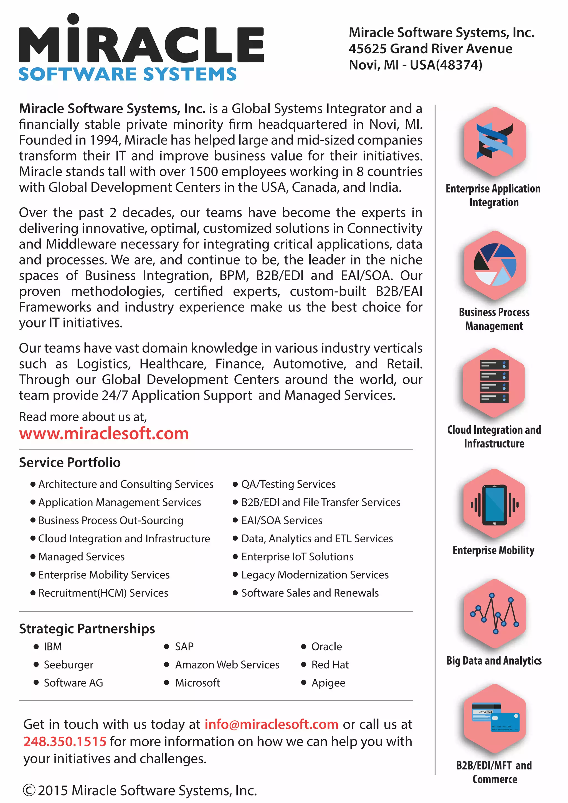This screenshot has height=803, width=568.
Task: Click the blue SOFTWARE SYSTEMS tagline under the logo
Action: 127,74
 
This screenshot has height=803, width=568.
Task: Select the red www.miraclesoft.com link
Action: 104,434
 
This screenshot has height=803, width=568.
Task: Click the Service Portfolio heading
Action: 70,462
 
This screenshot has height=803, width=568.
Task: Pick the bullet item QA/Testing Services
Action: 288,484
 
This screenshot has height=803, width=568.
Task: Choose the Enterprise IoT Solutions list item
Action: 297,556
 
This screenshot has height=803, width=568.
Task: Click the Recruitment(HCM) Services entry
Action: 103,593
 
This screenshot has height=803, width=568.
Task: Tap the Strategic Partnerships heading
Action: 87,629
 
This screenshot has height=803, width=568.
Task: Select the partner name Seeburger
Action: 69,665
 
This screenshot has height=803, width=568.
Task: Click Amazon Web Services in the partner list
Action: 227,665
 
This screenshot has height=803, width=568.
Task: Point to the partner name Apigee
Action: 328,683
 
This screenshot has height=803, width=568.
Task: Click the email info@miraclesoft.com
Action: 272,724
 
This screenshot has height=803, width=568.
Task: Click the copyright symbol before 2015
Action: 29,791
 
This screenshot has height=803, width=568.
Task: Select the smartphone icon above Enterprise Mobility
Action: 494,505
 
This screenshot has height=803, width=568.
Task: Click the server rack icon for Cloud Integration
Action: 494,382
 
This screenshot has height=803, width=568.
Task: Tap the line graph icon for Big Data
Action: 495,613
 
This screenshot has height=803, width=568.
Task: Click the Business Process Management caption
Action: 494,319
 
